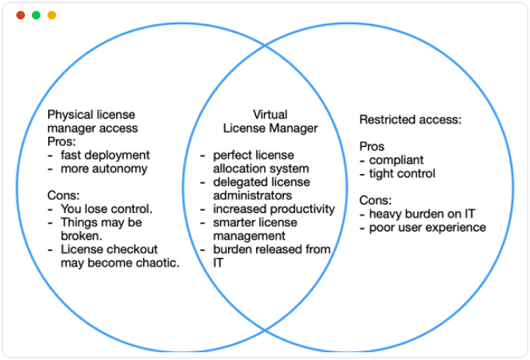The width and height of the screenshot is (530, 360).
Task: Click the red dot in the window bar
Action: tap(20, 15)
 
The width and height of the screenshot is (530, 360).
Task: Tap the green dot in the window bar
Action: tap(36, 15)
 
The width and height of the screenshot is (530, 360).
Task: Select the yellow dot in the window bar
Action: tap(51, 15)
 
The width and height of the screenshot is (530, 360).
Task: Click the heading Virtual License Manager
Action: tap(270, 121)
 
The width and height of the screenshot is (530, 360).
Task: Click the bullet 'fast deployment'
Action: tap(104, 155)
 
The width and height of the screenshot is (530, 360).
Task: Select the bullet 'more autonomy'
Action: tap(104, 168)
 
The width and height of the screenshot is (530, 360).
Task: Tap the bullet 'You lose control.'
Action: tap(106, 208)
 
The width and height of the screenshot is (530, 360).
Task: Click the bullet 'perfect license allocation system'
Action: tap(261, 162)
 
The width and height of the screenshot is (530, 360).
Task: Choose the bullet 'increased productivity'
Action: tap(273, 208)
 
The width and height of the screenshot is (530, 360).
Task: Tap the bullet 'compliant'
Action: tap(397, 159)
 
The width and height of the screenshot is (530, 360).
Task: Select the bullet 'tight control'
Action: tap(402, 173)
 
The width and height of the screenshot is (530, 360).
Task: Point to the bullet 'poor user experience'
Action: tap(427, 227)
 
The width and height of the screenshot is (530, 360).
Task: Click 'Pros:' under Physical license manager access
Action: tap(61, 142)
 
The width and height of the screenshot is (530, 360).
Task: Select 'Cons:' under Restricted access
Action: tap(375, 200)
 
